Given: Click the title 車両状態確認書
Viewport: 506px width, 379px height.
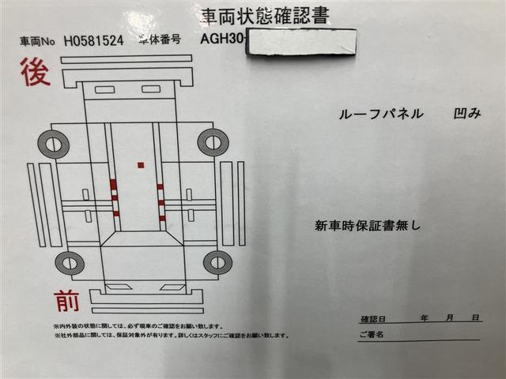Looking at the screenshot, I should [x=264, y=15].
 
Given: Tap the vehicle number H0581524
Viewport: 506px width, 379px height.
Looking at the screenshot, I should [x=93, y=42].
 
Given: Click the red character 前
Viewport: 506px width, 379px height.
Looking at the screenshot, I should [x=66, y=300].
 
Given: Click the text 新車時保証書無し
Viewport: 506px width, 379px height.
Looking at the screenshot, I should [x=368, y=225].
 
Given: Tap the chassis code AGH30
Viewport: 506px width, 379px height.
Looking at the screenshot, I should [x=224, y=40].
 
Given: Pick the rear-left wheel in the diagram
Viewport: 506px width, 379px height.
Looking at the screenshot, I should [x=54, y=144].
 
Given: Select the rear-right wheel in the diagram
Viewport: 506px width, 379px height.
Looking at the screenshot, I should [x=213, y=142].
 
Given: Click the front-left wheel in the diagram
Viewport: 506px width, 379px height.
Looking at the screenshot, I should [x=70, y=264].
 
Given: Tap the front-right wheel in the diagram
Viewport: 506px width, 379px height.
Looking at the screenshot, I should [x=217, y=262].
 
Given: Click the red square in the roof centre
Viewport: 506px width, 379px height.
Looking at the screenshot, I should [x=141, y=165].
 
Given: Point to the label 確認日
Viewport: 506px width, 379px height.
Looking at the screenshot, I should [x=372, y=319].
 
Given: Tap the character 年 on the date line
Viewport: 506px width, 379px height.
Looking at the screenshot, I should [x=425, y=317].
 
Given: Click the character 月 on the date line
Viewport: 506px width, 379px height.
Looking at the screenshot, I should [x=449, y=317].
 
